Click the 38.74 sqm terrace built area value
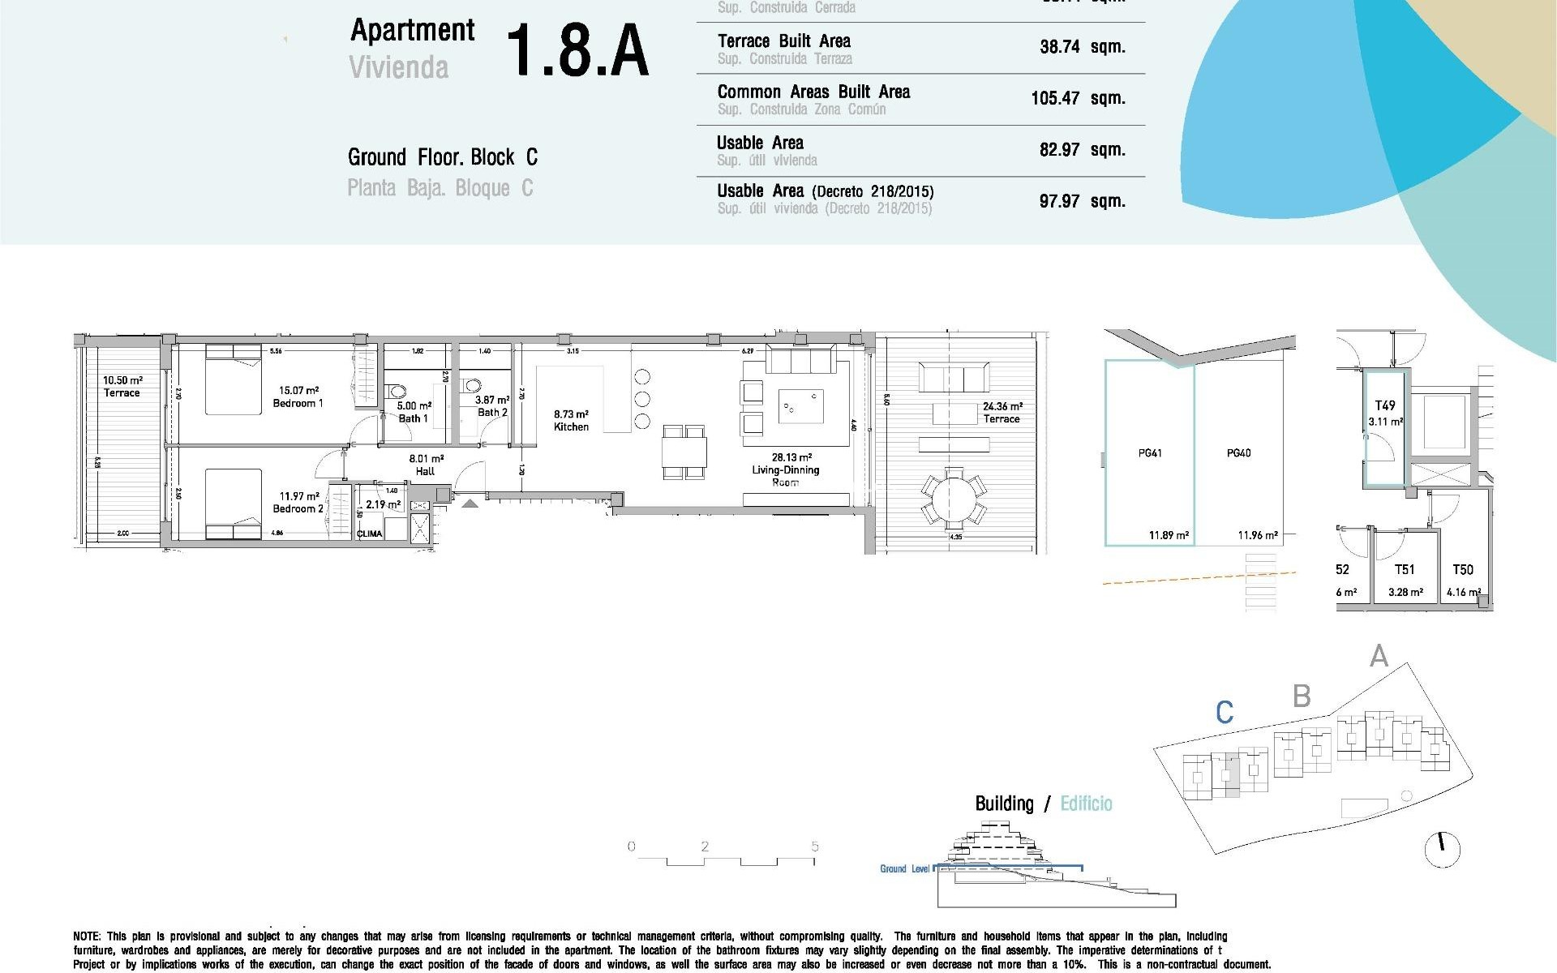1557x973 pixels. pos(1082,47)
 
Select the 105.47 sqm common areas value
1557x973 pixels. pos(1077,98)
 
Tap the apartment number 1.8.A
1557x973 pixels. pos(577,51)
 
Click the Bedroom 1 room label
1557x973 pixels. pos(298,397)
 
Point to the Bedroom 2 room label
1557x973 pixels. pos(298,503)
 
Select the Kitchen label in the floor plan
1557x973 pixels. pos(571,421)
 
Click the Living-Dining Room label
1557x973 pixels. pos(785,470)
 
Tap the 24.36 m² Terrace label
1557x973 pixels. pos(1002,413)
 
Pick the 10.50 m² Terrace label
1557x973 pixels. pos(122,387)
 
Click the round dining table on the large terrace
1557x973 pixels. pos(954,499)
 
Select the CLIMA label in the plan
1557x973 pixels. pos(370,534)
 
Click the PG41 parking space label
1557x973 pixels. pos(1150,453)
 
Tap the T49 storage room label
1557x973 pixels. pos(1385,405)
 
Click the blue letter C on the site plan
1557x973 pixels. pos(1225,713)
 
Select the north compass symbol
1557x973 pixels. pos(1442,849)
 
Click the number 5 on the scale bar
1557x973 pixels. pos(814,847)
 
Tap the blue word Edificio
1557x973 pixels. pos(1086,804)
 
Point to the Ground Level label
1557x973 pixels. pos(904,868)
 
